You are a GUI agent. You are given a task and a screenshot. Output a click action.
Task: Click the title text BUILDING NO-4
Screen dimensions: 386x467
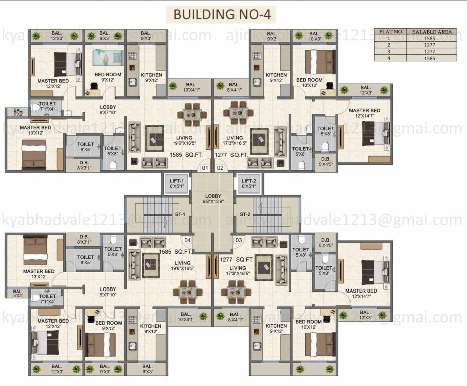click(221, 14)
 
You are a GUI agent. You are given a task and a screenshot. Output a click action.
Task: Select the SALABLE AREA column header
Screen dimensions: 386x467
click(432, 32)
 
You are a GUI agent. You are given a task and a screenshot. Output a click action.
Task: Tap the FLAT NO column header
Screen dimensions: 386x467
click(391, 32)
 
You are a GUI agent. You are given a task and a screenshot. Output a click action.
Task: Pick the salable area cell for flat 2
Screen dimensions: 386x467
click(432, 45)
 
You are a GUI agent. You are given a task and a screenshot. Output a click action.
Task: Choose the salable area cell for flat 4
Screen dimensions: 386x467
click(432, 58)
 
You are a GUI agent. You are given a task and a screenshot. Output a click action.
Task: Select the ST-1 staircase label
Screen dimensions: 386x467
click(180, 215)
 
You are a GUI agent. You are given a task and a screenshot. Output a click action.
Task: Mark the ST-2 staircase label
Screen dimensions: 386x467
click(245, 215)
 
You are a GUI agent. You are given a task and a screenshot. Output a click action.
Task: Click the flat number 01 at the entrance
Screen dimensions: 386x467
click(205, 168)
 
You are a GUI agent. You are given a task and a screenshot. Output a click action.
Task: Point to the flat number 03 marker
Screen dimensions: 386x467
click(239, 240)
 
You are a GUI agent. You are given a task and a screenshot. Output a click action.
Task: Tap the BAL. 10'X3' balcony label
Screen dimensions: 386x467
click(315, 36)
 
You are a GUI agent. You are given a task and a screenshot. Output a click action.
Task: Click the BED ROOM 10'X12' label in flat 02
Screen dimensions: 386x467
click(309, 83)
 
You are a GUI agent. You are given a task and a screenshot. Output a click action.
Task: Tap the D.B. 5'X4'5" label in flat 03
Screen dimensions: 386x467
click(325, 243)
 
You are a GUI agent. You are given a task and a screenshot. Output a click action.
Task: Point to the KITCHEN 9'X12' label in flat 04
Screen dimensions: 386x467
click(151, 329)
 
